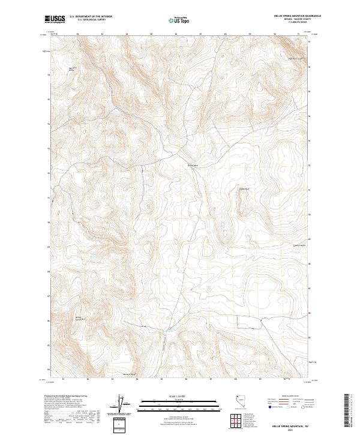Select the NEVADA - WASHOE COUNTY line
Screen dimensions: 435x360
[x=293, y=20]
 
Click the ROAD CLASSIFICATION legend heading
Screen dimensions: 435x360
[x=287, y=397]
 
